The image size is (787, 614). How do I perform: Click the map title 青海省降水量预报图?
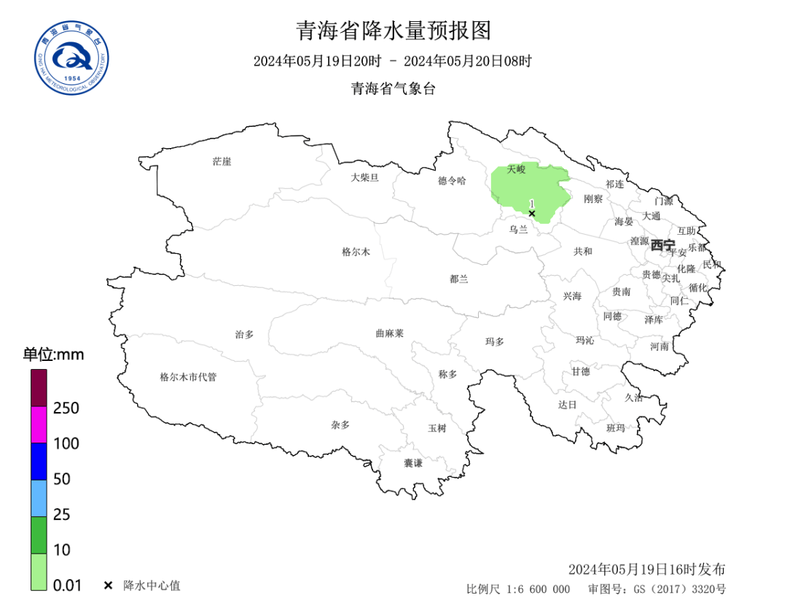[x=393, y=31]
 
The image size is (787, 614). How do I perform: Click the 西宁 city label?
[x=663, y=245]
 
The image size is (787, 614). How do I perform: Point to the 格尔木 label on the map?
[x=356, y=252]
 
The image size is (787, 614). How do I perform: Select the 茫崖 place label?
[x=222, y=161]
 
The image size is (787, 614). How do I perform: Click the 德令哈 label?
[x=452, y=180]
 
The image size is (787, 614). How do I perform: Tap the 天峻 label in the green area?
[x=516, y=169]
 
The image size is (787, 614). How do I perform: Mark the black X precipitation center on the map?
[x=532, y=214]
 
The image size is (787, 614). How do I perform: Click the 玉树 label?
[x=436, y=428]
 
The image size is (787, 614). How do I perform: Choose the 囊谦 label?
[x=413, y=463]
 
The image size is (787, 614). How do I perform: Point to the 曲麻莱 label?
[x=389, y=333]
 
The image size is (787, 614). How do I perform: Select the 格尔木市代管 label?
[x=188, y=377]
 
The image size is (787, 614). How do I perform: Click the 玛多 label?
[x=494, y=341]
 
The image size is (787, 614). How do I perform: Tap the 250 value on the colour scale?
[x=66, y=408]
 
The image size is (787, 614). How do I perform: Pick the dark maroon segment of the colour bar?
[x=39, y=388]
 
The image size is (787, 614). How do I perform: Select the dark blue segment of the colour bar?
[x=39, y=461]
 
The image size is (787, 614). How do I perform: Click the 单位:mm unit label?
[x=53, y=355]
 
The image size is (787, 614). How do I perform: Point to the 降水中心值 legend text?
[x=152, y=585]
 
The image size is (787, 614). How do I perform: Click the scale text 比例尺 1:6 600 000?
[x=518, y=589]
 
